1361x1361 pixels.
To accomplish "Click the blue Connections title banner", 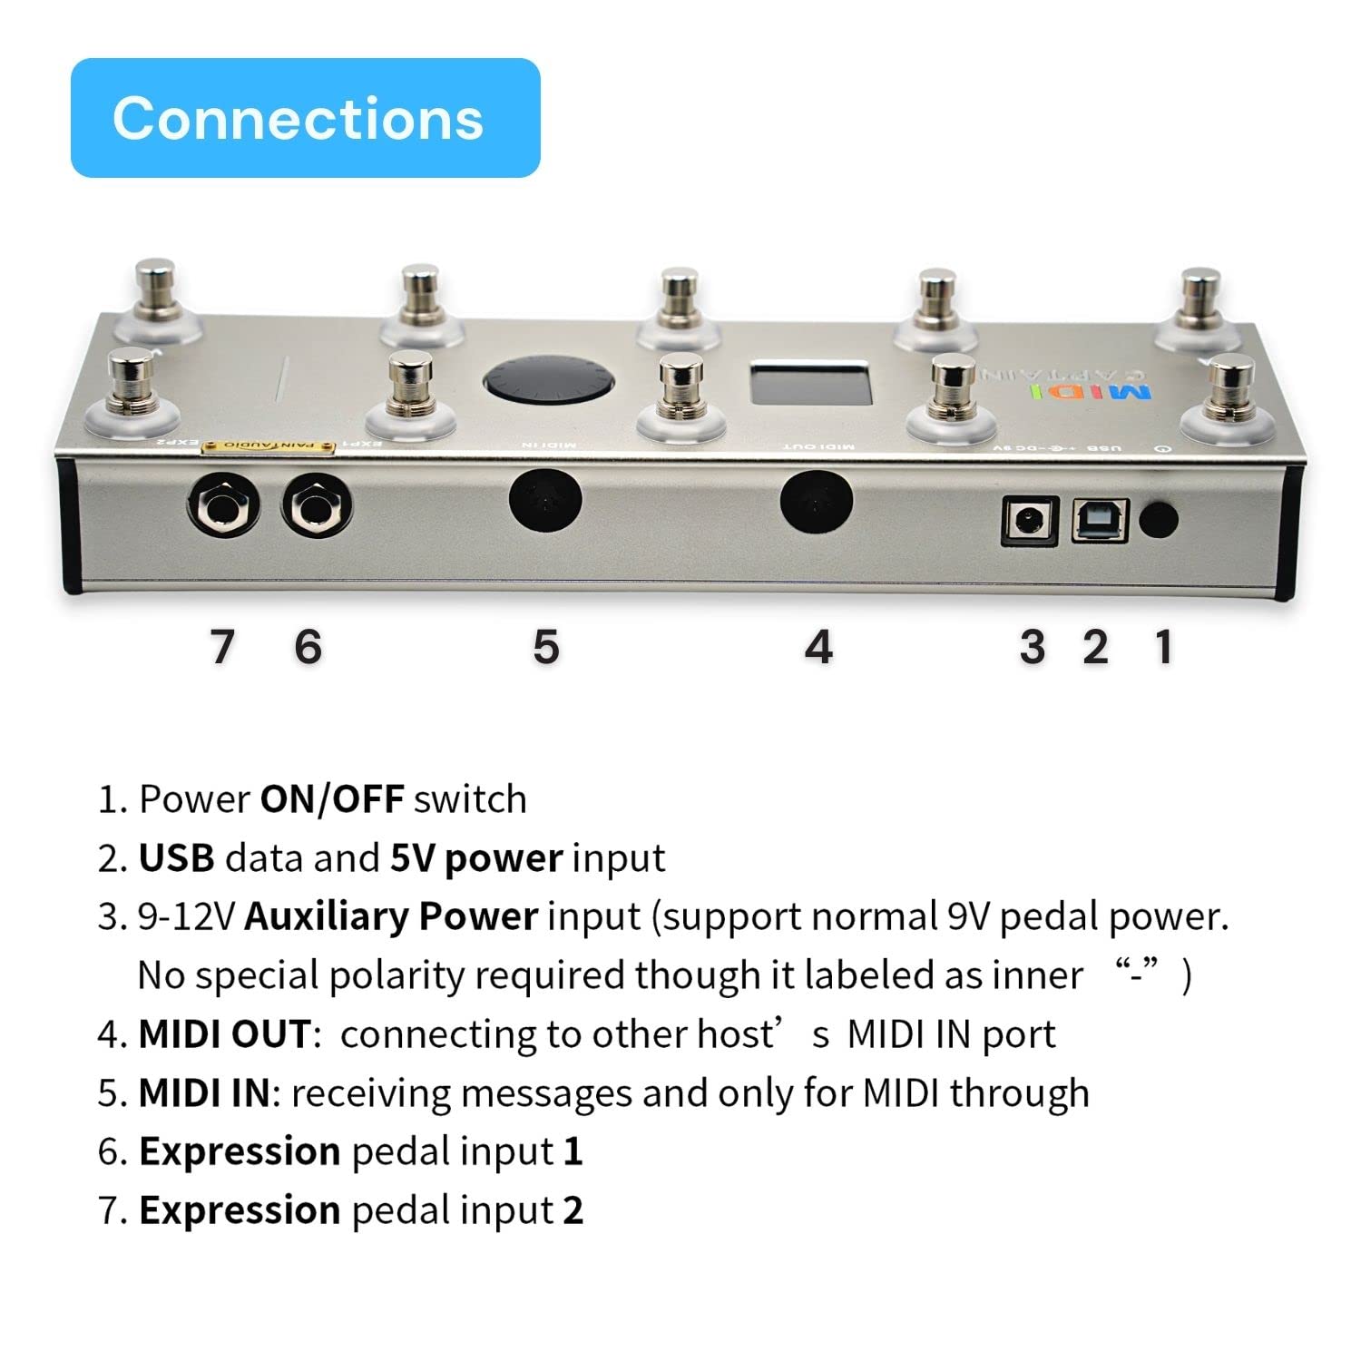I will pos(305,118).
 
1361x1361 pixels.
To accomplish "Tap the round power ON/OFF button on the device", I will pos(1158,521).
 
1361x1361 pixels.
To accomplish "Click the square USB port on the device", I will pos(1100,522).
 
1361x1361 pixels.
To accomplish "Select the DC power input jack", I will pos(1030,522).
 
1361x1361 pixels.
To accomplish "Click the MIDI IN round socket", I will pos(544,501).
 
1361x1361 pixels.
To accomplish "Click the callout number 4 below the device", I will pos(818,647).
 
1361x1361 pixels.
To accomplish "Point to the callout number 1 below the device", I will pos(1163,647).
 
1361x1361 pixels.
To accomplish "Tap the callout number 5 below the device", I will pos(545,647).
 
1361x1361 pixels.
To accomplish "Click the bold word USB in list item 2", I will pos(176,857).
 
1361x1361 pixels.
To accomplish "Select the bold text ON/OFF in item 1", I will pos(332,799).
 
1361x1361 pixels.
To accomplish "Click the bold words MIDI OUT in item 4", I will pos(224,1034).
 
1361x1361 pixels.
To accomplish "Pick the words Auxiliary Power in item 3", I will pos(391,916).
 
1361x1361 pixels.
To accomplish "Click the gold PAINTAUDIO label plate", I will pos(269,445).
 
